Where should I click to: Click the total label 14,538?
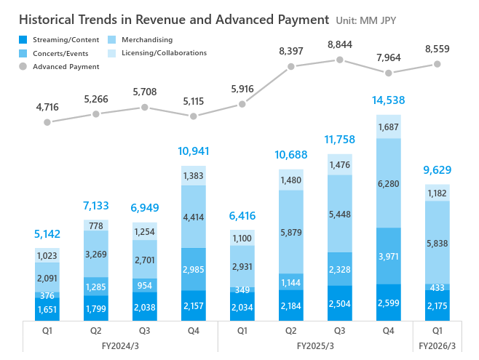click(x=389, y=100)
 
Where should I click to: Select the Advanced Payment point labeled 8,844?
click(x=340, y=60)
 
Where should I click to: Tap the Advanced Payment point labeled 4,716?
click(x=47, y=122)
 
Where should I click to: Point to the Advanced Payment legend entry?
click(x=64, y=66)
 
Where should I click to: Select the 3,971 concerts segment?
click(x=389, y=257)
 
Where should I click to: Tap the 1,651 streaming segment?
click(x=47, y=309)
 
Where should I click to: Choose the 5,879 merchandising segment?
click(x=291, y=232)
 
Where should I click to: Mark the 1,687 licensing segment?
click(x=389, y=127)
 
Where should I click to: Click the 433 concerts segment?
click(x=437, y=287)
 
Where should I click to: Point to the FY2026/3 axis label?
click(x=437, y=345)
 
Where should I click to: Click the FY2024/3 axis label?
click(x=120, y=345)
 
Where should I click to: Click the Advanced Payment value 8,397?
click(x=291, y=50)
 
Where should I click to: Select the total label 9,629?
click(x=437, y=172)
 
